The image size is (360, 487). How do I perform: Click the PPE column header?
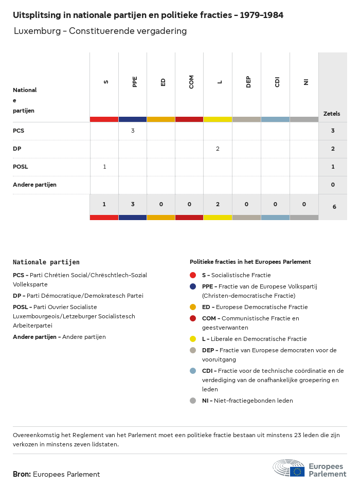[x=135, y=82]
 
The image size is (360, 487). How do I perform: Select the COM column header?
[x=191, y=82]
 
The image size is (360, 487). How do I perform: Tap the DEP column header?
[x=248, y=82]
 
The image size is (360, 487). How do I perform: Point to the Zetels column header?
[x=332, y=114]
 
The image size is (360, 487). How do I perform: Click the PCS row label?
[x=19, y=131]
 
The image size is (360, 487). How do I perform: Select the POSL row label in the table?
[x=21, y=167]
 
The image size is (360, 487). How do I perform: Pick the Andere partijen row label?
[x=34, y=185]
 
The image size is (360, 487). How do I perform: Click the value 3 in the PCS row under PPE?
[x=133, y=131]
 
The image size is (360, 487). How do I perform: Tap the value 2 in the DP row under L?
[x=218, y=149]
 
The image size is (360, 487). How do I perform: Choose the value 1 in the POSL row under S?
[x=104, y=167]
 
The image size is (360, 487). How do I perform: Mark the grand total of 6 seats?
[x=334, y=207]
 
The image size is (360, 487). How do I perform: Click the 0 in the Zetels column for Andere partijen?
[x=333, y=185]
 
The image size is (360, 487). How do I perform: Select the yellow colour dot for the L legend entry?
[x=193, y=339]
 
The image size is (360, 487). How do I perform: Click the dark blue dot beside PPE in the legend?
[x=193, y=286]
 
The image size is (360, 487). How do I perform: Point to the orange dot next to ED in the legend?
[x=193, y=307]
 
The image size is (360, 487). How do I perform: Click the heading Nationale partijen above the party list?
[x=46, y=262]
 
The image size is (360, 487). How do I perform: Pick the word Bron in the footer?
[x=22, y=474]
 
